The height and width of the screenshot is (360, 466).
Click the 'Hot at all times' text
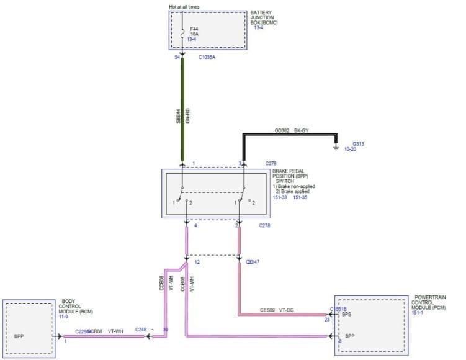coord(184,7)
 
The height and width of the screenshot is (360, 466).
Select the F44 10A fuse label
coord(194,31)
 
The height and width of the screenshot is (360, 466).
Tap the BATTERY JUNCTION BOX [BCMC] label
coord(265,17)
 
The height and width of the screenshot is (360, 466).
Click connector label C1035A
coord(207,57)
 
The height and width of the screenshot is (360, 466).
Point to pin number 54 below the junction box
coord(177,57)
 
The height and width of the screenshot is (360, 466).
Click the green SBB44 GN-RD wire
coord(182,112)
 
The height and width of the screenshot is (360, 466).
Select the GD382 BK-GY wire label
coord(292,131)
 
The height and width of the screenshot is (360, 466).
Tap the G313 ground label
coord(358,144)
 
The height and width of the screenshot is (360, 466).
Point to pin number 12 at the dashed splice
coord(197,263)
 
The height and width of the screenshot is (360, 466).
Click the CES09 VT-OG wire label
coord(277,310)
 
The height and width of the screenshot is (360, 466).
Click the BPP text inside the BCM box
coord(19,336)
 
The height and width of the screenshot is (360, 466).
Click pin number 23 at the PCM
coord(326,320)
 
